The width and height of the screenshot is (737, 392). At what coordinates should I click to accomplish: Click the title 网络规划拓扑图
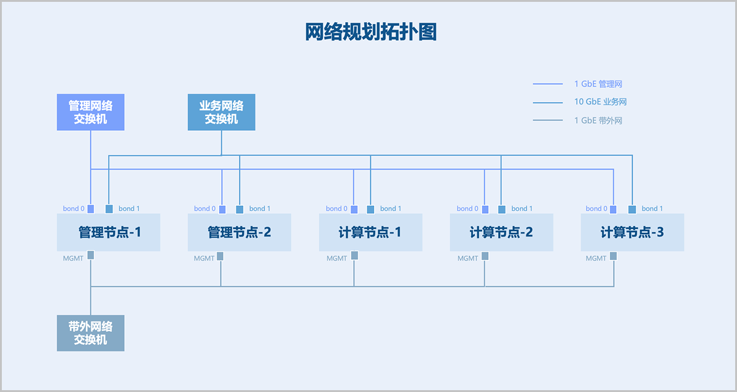(x=371, y=32)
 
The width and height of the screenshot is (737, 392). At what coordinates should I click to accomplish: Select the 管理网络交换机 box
(x=91, y=112)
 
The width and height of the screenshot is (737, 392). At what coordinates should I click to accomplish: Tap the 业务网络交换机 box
(x=221, y=112)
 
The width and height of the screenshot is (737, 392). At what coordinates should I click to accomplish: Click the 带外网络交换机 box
(x=91, y=333)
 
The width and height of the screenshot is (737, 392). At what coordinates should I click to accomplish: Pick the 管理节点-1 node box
(x=109, y=232)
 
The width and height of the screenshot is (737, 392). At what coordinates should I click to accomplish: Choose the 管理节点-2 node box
(x=240, y=232)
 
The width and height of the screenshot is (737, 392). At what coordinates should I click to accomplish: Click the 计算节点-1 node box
(x=370, y=232)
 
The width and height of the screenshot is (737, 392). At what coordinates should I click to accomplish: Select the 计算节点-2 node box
(x=501, y=232)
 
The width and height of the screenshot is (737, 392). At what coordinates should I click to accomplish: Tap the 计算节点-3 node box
(x=632, y=232)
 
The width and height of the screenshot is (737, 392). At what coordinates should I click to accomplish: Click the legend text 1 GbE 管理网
(x=598, y=84)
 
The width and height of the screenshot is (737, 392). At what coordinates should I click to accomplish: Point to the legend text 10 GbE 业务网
(x=601, y=102)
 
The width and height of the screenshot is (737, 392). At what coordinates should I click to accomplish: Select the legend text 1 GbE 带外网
(x=598, y=120)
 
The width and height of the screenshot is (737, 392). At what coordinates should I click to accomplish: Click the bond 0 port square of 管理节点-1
(x=91, y=209)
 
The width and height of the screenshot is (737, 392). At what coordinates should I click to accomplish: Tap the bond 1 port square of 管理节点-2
(x=240, y=209)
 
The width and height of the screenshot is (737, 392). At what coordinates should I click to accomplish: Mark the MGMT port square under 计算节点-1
(x=354, y=256)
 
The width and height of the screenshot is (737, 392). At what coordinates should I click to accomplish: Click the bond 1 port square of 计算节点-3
(x=632, y=209)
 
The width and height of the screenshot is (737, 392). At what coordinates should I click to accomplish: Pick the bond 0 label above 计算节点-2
(x=468, y=209)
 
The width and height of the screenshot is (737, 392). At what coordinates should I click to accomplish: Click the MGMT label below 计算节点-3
(x=596, y=259)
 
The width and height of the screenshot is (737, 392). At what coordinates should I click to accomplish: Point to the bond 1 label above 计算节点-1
(x=391, y=209)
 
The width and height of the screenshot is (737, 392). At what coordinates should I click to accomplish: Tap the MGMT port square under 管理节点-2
(x=220, y=256)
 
